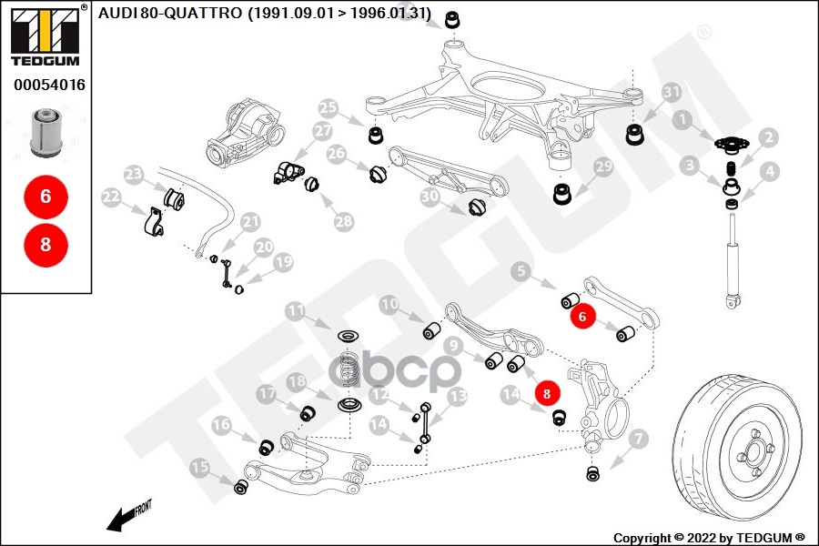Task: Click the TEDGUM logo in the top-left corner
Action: pos(45,35)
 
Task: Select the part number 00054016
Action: pos(49,85)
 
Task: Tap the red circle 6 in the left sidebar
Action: pos(45,197)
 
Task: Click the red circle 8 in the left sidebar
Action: pos(45,245)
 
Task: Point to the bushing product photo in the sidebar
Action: pos(46,133)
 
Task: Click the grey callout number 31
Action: pos(672,93)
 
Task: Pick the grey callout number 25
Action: pos(328,108)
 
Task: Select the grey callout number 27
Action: pos(323,130)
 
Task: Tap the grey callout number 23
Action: pos(134,174)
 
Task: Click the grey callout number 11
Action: pos(296,311)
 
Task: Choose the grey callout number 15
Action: pos(199,467)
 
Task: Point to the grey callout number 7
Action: pos(638,439)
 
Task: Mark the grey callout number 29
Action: pos(603,167)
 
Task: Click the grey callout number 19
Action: pos(283,262)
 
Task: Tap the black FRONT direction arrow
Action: pos(128,517)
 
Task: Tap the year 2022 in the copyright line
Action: pos(701,538)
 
